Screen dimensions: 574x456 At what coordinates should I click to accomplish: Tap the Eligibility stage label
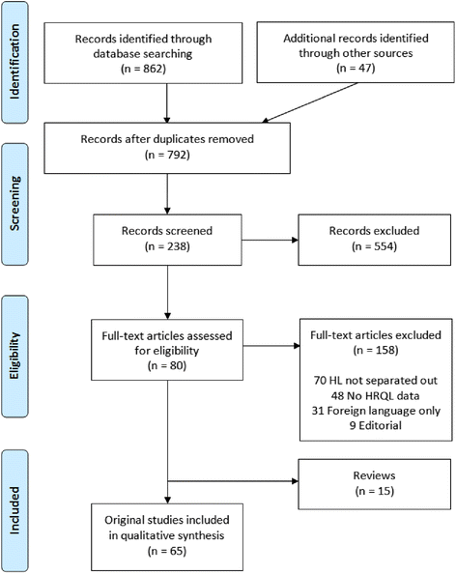pyautogui.click(x=16, y=343)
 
